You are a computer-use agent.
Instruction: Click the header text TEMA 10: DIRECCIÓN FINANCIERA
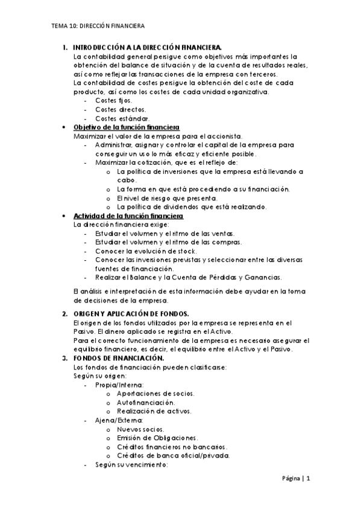click(98, 27)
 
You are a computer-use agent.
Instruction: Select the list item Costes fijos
click(113, 100)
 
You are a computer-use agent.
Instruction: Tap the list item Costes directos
click(121, 109)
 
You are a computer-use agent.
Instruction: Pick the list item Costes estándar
click(122, 118)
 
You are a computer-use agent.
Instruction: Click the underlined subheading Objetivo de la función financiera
click(125, 127)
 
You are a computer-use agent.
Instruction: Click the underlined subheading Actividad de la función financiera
click(128, 216)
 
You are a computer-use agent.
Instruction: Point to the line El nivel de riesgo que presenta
click(168, 198)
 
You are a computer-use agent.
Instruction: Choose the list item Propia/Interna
click(119, 385)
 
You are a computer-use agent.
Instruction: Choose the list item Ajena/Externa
click(119, 420)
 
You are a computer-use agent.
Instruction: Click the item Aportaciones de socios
click(156, 394)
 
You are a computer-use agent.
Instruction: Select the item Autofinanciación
click(146, 403)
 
